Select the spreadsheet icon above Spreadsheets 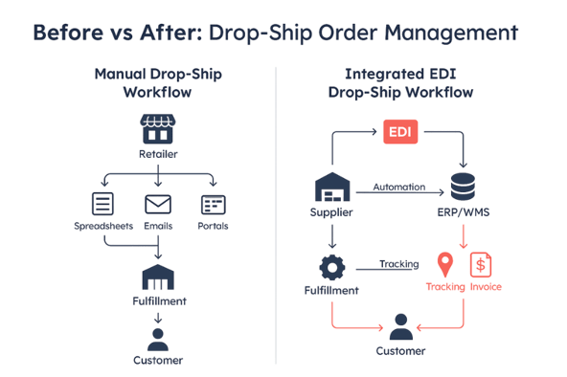102,204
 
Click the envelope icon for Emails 157,204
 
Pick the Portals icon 213,204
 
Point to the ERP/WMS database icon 464,186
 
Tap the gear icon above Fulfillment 331,264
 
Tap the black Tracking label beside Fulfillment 398,263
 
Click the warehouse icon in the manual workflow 157,278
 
